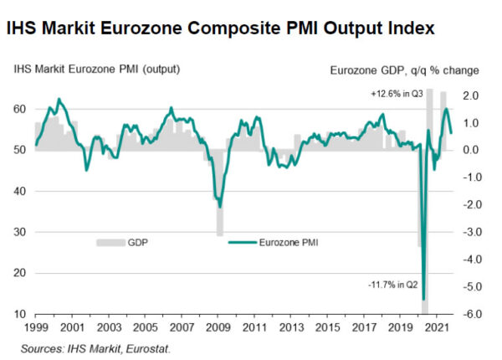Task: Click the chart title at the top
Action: click(x=221, y=28)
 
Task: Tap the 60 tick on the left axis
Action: click(x=19, y=109)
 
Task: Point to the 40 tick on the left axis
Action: click(x=19, y=191)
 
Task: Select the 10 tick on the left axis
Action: click(x=19, y=314)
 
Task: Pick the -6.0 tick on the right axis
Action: click(x=471, y=314)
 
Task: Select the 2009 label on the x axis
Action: click(x=216, y=327)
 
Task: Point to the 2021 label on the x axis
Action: click(x=432, y=327)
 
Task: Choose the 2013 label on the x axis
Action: click(x=288, y=327)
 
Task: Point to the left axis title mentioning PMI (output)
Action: click(x=97, y=69)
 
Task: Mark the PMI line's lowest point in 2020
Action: click(x=424, y=298)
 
